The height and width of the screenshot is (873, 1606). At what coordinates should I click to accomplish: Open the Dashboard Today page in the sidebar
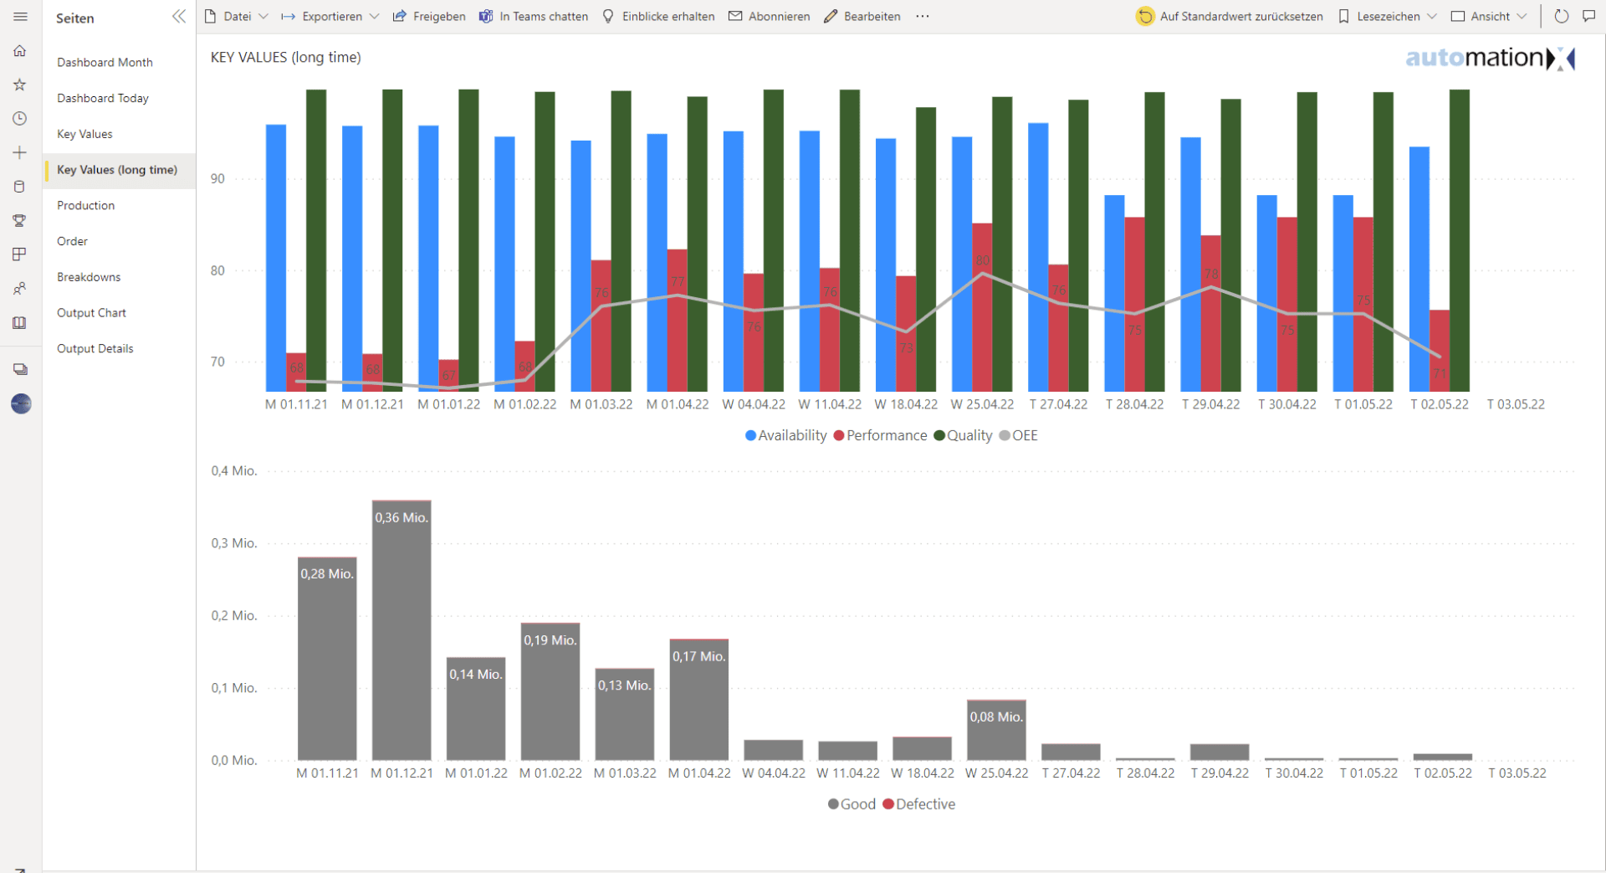point(103,98)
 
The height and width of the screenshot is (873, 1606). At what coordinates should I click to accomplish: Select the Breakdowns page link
point(89,277)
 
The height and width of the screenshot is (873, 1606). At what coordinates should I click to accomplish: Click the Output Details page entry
point(95,348)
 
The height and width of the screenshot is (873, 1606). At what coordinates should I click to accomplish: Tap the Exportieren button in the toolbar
point(330,16)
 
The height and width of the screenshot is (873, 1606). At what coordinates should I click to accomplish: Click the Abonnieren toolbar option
point(770,16)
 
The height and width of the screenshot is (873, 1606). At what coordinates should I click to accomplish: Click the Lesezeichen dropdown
point(1388,16)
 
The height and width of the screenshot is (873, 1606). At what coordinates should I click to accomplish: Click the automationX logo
point(1489,58)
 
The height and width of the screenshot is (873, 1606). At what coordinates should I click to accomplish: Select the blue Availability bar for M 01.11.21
point(276,251)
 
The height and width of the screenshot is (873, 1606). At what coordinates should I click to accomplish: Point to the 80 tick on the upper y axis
point(217,270)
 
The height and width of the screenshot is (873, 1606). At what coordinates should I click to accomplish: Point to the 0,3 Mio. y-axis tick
point(234,543)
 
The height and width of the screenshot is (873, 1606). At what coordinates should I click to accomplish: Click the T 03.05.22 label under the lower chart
point(1516,773)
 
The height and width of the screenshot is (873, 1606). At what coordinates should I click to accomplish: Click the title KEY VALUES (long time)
point(286,57)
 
